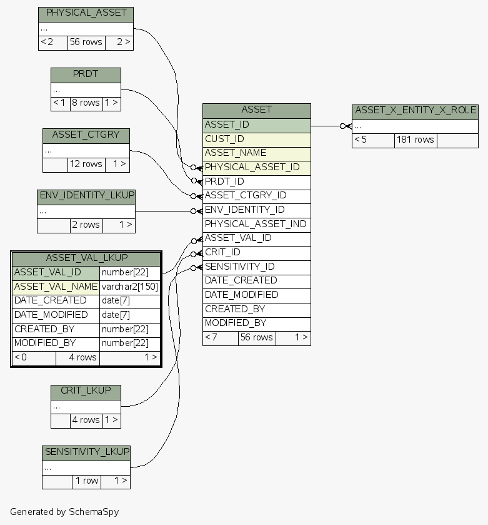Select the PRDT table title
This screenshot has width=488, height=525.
point(86,74)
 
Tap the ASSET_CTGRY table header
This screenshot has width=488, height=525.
point(86,135)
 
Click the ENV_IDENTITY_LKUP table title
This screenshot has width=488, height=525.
point(86,196)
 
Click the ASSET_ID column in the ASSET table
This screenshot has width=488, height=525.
point(256,125)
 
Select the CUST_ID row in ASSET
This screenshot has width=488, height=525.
point(256,139)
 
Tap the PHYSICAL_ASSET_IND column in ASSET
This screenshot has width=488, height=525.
point(256,224)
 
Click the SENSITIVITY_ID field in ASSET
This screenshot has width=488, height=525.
point(256,267)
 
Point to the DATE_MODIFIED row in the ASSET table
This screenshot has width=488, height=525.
point(256,295)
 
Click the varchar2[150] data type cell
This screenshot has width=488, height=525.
point(130,287)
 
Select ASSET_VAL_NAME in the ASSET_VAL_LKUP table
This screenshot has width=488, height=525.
point(56,287)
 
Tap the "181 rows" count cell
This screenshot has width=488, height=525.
point(416,140)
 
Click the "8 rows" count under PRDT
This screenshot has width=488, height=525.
point(86,103)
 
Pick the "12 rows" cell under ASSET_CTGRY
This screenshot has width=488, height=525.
point(86,165)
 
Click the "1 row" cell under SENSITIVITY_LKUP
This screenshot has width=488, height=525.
point(86,481)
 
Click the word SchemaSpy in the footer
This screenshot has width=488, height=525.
point(94,512)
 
